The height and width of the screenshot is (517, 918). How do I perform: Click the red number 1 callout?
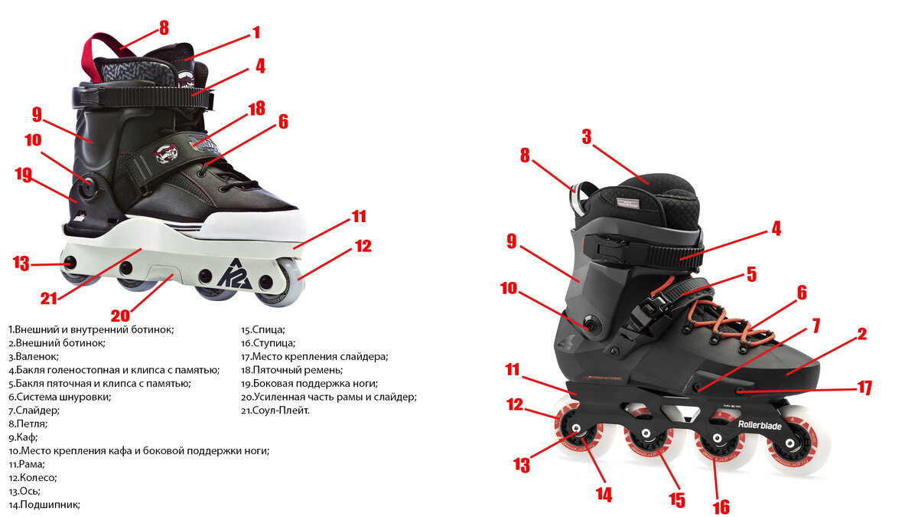[256, 32]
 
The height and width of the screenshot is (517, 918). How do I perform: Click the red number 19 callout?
[22, 174]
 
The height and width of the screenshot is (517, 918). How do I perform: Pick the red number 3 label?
[586, 136]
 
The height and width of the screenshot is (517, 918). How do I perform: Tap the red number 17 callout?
[864, 388]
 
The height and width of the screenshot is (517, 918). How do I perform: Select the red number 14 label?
[604, 495]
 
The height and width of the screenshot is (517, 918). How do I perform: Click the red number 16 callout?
[721, 506]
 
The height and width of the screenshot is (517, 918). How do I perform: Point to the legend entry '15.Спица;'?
[263, 329]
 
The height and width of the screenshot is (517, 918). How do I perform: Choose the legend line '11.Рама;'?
[28, 464]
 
